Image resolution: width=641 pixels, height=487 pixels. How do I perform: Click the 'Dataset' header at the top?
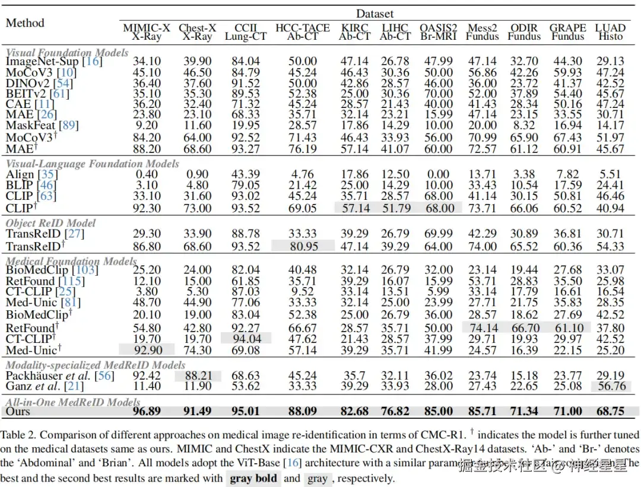coord(375,13)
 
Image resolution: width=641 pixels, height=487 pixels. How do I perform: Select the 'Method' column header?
coord(25,23)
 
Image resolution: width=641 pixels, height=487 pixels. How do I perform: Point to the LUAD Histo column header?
coord(610,32)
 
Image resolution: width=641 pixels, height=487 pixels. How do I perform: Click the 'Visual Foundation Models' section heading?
coord(67,52)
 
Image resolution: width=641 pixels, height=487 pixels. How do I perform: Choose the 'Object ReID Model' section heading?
coord(50,223)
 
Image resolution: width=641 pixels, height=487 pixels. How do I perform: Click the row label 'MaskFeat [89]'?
coord(42,125)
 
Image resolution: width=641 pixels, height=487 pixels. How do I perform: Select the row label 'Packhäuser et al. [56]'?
coord(60,375)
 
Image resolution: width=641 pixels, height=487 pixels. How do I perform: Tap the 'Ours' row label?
coord(18,411)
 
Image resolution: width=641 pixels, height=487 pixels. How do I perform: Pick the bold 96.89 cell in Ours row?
coord(147,411)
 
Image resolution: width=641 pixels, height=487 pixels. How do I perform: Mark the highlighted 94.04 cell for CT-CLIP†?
coord(246,339)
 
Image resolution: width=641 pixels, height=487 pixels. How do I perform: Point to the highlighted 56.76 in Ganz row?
coord(610,387)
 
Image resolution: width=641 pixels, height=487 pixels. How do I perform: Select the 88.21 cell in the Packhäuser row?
coord(196,375)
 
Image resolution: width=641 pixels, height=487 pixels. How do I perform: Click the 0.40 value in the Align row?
coord(147,174)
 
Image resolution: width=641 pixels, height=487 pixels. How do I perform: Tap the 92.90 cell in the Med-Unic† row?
coord(147,350)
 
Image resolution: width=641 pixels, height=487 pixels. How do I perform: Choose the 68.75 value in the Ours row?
coord(610,411)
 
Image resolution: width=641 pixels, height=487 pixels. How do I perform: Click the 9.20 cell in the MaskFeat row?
coord(147,125)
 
